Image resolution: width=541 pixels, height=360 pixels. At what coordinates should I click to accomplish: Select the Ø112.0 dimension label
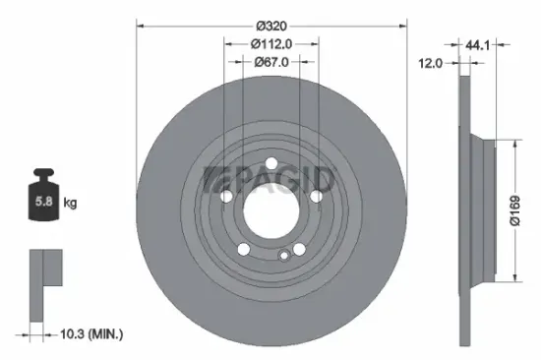click(271, 44)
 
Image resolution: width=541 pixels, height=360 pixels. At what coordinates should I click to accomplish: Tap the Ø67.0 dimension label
click(270, 62)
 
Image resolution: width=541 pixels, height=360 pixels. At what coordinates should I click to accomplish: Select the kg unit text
click(71, 203)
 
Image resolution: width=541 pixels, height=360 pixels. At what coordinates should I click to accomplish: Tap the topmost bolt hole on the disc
click(271, 164)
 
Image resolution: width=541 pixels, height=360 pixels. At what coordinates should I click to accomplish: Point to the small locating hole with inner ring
click(284, 256)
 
